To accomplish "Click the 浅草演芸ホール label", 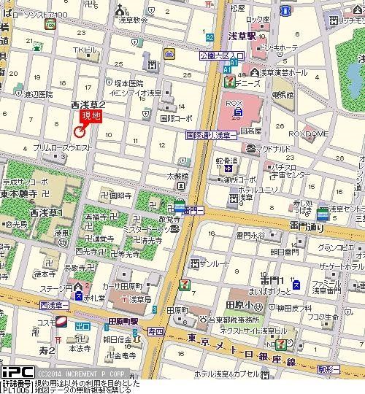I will point(283,73).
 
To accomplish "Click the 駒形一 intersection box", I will point(351,360).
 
